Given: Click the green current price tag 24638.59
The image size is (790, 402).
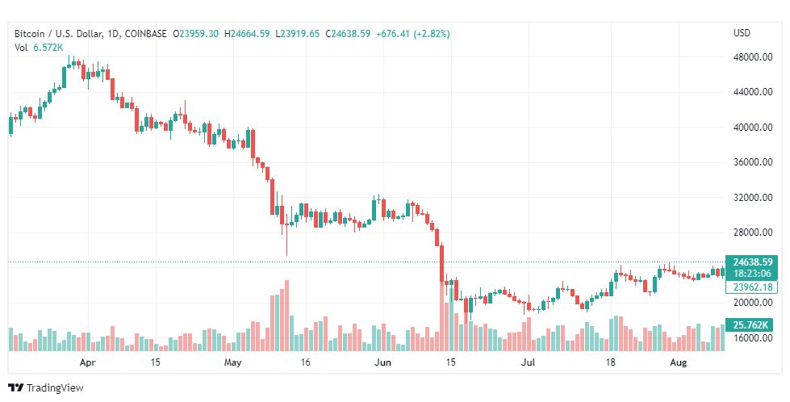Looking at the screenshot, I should [752, 262].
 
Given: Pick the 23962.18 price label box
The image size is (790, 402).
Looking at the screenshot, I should [752, 287].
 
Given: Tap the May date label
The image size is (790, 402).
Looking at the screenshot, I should [233, 362].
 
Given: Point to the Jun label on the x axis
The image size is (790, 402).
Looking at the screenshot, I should [382, 362].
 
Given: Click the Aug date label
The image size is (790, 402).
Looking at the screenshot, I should [679, 362].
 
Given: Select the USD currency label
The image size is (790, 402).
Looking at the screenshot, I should [742, 33].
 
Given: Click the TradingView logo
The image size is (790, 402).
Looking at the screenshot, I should [46, 388].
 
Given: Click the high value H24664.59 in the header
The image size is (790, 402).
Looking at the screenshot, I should [247, 34].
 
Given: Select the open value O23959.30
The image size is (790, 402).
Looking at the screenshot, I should [196, 34].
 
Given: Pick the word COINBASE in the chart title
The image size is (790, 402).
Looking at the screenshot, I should [146, 34].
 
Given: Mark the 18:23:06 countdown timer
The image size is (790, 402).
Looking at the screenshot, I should [752, 274].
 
